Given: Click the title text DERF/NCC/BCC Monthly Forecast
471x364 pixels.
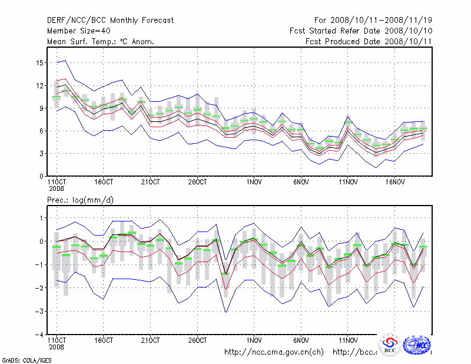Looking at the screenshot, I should tap(111, 20).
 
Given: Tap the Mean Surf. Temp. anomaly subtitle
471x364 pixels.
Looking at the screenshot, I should tap(101, 41).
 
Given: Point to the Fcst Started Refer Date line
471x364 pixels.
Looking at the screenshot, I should tap(361, 31).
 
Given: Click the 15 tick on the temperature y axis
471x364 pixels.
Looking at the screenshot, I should tap(40, 62).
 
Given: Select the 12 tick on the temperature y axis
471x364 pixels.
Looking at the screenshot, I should tap(40, 85).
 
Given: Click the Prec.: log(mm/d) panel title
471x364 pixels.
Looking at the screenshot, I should tap(81, 200).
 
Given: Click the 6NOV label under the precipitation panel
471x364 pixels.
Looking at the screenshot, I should tap(301, 340).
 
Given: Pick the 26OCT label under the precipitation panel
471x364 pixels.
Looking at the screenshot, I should tap(198, 340).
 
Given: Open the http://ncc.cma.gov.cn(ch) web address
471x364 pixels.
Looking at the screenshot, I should tap(274, 352).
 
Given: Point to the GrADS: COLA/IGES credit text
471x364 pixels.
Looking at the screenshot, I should tap(19, 359).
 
